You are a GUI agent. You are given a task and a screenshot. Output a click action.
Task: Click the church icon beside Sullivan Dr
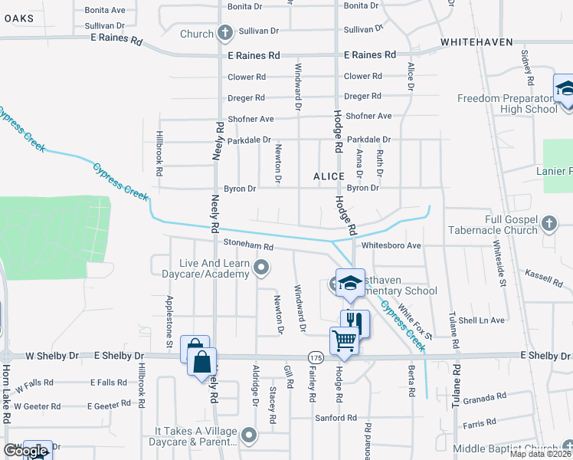224,33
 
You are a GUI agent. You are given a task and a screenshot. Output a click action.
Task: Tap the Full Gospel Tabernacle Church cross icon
548,223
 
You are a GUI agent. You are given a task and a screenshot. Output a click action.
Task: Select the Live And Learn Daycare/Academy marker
262,268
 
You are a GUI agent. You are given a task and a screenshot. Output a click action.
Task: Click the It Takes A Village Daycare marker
248,435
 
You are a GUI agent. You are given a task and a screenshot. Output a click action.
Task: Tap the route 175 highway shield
316,357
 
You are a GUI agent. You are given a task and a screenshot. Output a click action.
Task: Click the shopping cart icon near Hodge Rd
345,340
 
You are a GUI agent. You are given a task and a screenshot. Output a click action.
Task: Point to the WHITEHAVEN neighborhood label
476,42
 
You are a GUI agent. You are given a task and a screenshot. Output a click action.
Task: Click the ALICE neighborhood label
329,176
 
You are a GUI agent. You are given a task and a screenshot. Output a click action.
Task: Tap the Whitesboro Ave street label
391,245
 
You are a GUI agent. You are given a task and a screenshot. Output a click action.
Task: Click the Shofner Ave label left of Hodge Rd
250,119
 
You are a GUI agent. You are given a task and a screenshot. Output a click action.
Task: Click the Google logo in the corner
25,451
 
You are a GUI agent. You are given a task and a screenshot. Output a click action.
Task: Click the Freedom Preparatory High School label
506,103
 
